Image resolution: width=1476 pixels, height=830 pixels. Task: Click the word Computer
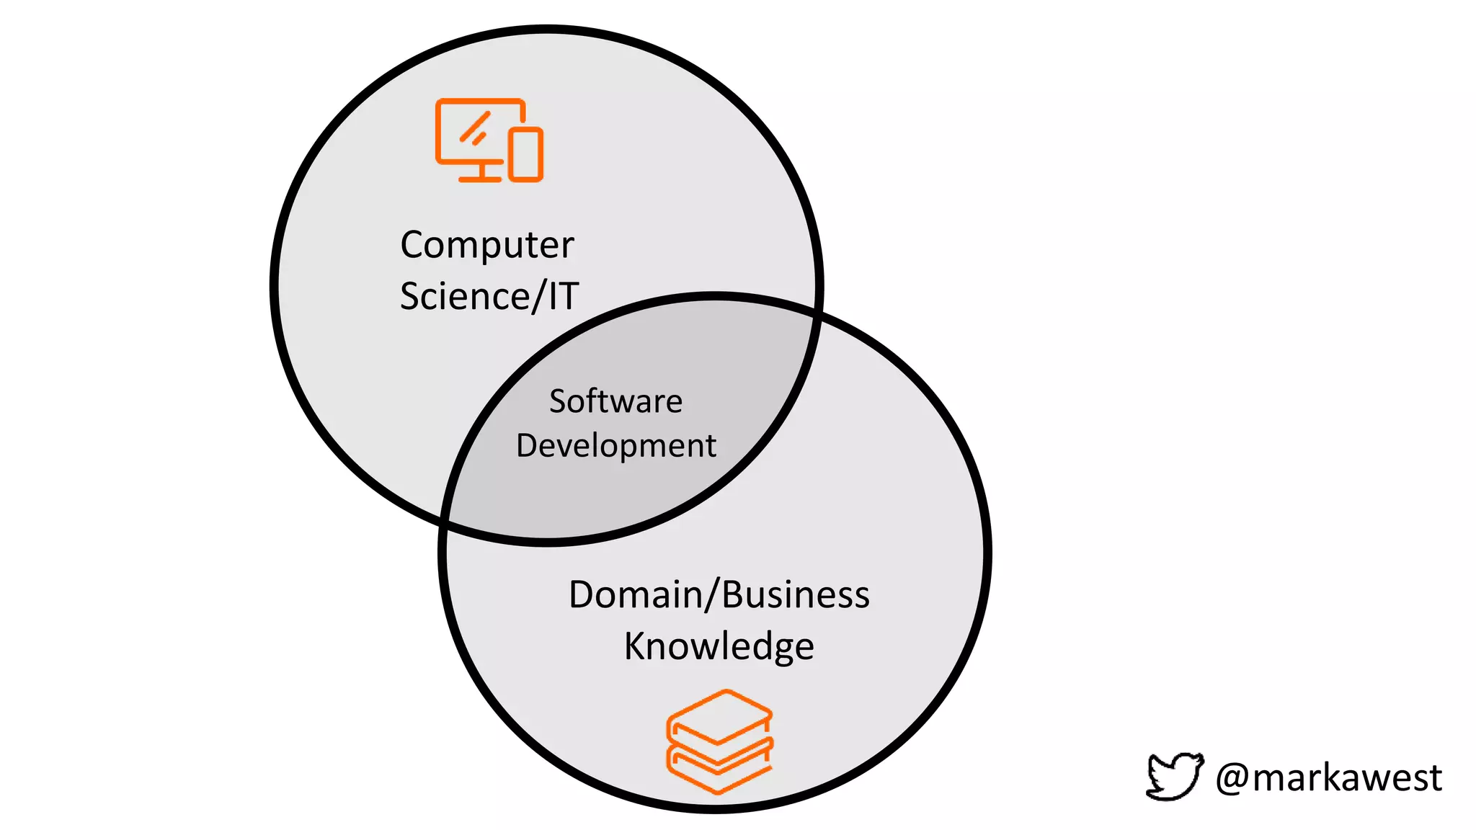487,246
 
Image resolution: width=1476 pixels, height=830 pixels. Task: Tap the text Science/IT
489,296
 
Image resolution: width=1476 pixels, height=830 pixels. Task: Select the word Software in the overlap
615,401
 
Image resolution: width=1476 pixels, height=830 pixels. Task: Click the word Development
616,446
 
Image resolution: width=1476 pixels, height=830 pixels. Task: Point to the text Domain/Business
719,595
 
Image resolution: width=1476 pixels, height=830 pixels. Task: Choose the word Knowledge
719,646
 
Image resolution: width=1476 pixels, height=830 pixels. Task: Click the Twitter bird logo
1174,776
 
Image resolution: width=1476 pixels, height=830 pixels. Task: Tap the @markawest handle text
1328,778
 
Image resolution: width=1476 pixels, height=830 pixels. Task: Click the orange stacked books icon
719,741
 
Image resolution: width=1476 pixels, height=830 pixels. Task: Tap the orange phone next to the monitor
526,154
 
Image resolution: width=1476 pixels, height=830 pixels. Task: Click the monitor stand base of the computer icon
480,177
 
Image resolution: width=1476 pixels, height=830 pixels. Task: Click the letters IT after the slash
564,296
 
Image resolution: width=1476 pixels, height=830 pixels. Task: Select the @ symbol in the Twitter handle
1232,778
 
